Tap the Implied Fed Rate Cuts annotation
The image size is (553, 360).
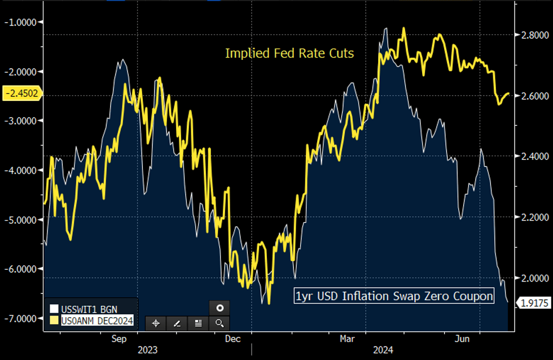coord(289,54)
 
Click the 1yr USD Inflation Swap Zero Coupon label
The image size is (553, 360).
coord(394,296)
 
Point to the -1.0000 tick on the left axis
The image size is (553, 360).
coord(20,23)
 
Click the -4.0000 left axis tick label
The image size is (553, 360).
coord(20,170)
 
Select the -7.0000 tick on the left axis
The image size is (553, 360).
coord(20,318)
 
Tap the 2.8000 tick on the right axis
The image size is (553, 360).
coord(532,35)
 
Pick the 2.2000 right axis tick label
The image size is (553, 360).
coord(532,217)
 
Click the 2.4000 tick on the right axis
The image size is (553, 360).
coord(532,156)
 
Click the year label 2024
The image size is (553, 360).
coord(381,350)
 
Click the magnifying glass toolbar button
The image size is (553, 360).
coord(220,323)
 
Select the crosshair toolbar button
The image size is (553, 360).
coord(156,323)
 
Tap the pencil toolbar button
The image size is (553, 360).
coord(177,323)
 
